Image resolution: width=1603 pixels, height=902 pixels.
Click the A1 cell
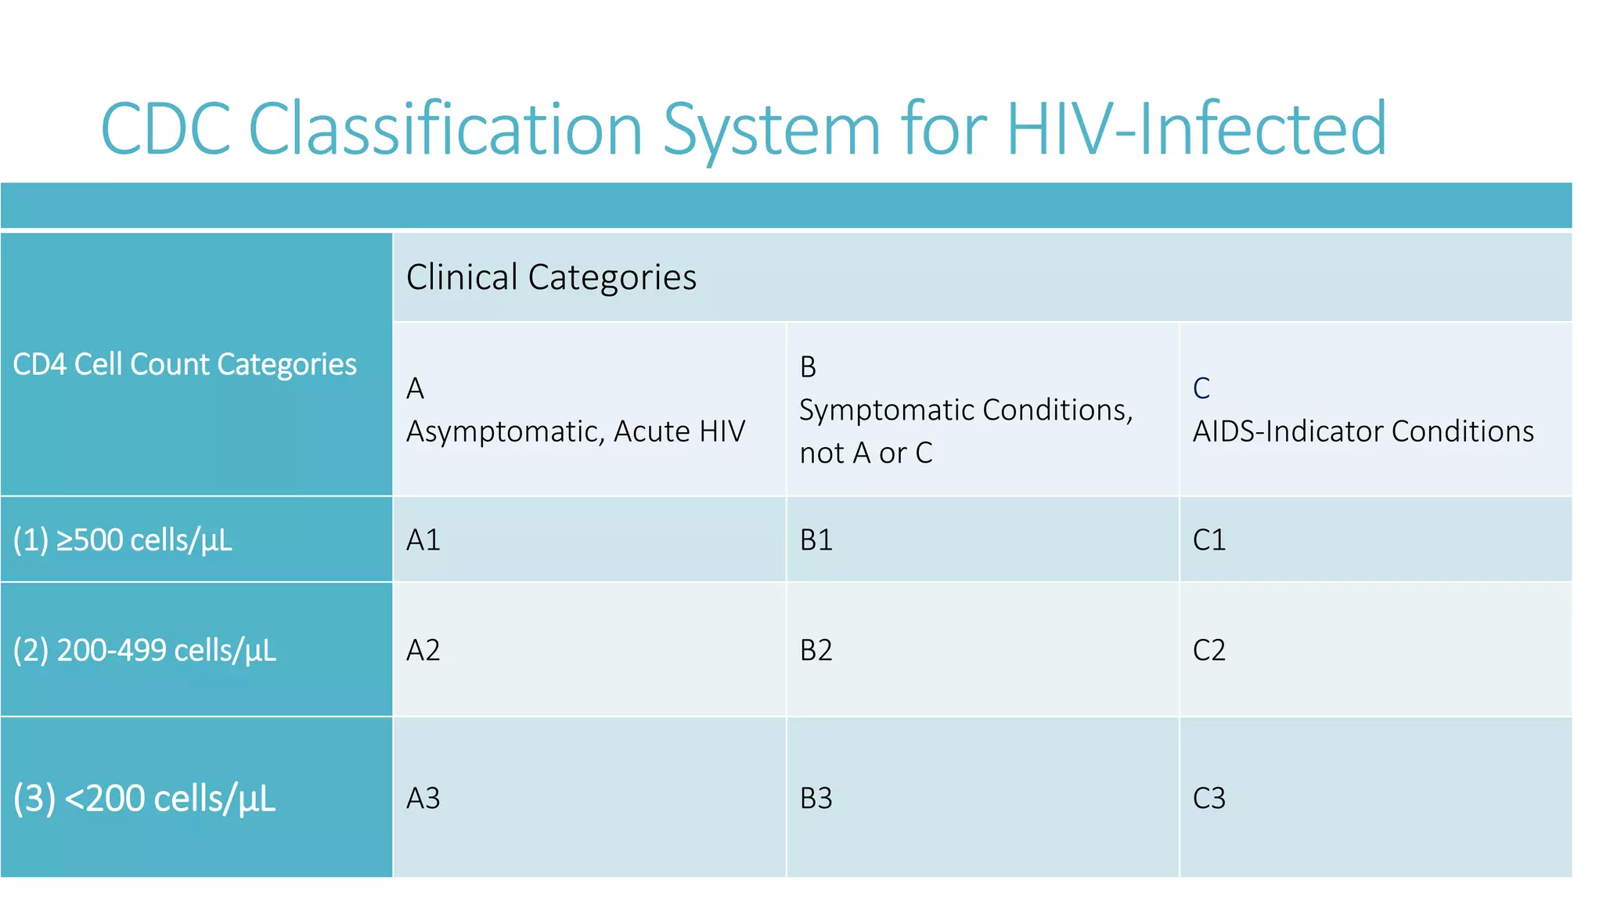point(423,539)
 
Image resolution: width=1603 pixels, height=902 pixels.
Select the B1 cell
point(816,539)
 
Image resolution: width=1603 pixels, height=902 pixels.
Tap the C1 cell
point(1209,539)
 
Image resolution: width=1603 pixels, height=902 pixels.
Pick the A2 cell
point(423,650)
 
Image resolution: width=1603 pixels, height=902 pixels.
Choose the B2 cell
point(816,650)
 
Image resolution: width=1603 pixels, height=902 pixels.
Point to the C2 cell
point(1209,650)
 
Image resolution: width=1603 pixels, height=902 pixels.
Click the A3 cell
point(423,798)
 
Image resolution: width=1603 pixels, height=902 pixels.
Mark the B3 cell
point(816,798)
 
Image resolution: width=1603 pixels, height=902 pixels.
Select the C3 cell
point(1209,798)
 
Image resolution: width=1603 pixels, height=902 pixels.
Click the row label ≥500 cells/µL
point(123,540)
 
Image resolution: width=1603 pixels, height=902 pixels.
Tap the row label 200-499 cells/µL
point(145,651)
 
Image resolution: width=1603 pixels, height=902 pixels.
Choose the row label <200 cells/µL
point(145,799)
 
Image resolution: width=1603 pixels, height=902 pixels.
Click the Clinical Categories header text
point(551,277)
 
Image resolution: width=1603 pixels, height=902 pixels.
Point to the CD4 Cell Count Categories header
point(185,364)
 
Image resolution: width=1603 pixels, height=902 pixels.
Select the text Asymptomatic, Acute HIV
point(575,431)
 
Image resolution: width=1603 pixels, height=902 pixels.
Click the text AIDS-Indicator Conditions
point(1363,431)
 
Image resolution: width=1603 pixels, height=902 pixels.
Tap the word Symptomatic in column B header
point(886,410)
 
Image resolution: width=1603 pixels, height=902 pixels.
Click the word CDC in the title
point(166,129)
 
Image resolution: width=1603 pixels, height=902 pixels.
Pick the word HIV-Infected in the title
point(1196,129)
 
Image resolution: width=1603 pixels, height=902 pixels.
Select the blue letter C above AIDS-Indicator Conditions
point(1201,388)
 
